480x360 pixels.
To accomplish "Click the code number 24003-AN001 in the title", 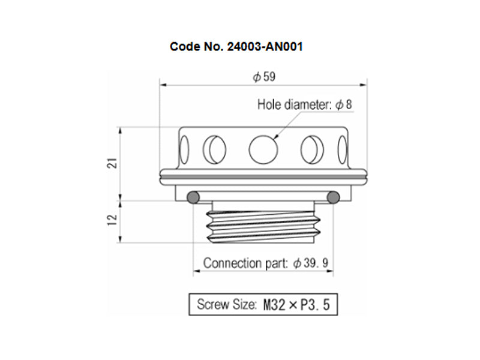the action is pyautogui.click(x=265, y=47).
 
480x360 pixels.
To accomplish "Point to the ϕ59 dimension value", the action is pyautogui.click(x=264, y=77).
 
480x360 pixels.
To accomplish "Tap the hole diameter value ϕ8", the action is pyautogui.click(x=344, y=104).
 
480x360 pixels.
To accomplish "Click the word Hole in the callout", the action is pyautogui.click(x=269, y=104).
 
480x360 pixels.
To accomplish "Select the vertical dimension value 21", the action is pyautogui.click(x=113, y=163).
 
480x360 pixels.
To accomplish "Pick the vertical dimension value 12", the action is pyautogui.click(x=113, y=220).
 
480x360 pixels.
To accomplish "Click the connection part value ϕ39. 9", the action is pyautogui.click(x=310, y=263).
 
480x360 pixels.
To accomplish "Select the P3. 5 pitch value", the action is pyautogui.click(x=315, y=305).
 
